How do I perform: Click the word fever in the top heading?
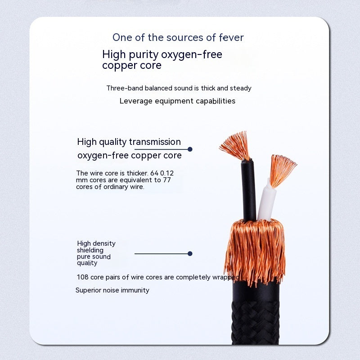(x=231, y=37)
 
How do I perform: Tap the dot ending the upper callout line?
(x=190, y=149)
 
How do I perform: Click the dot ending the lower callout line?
(x=190, y=254)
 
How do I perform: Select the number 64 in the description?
(x=154, y=173)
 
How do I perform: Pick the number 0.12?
(x=166, y=173)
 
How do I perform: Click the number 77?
(x=167, y=180)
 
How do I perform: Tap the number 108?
(x=83, y=277)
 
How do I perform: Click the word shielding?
(x=90, y=250)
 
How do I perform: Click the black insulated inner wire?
(x=248, y=190)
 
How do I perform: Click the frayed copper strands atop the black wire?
(x=236, y=145)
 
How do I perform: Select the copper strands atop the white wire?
(x=282, y=170)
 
